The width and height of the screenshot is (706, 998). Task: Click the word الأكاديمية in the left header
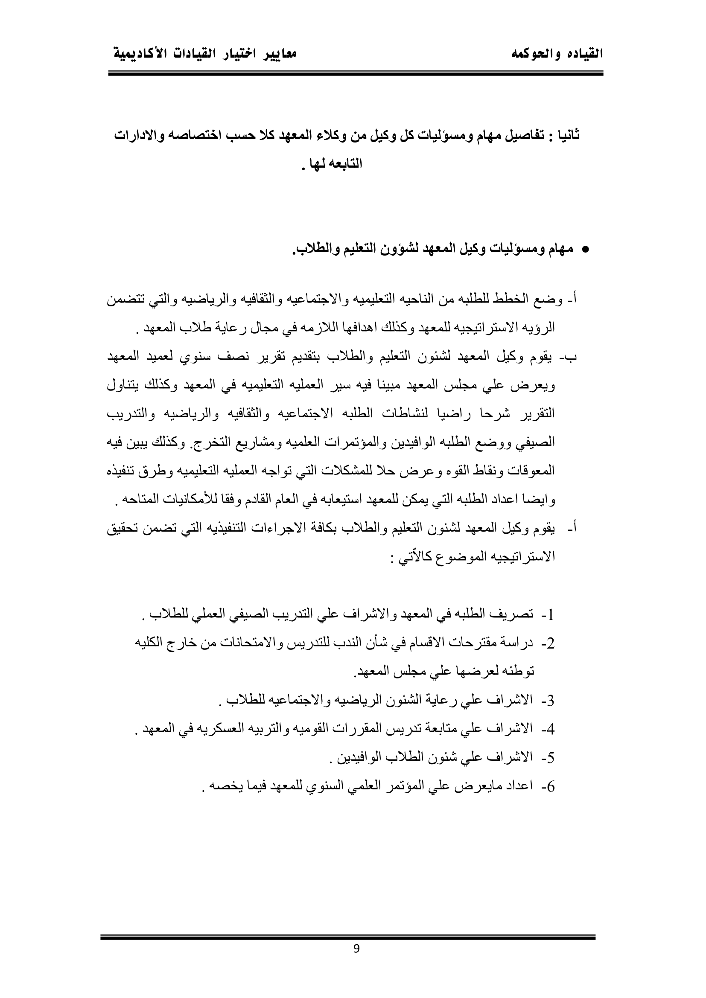tap(140, 54)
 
